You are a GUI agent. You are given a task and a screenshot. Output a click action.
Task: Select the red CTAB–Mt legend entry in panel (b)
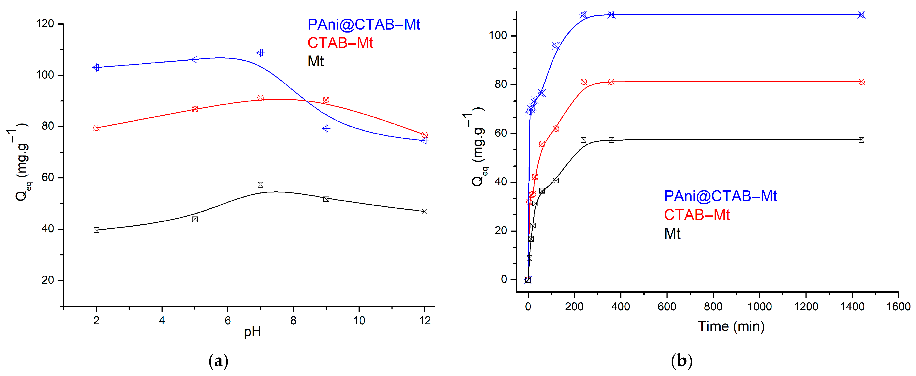(x=697, y=215)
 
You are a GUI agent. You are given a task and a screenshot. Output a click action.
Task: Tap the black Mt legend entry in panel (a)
(x=315, y=61)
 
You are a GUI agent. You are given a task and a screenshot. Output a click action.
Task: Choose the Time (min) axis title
(x=731, y=326)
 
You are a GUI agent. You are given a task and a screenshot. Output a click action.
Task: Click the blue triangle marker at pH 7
(x=260, y=53)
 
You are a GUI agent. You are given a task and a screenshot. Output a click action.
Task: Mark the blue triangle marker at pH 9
(x=326, y=128)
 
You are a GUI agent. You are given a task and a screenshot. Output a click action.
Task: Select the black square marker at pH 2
(x=96, y=230)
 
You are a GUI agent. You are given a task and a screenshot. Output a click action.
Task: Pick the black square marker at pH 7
(x=260, y=185)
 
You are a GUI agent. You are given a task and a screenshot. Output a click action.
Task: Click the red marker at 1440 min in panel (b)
(x=861, y=82)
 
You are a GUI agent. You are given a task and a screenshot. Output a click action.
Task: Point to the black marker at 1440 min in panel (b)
(x=861, y=140)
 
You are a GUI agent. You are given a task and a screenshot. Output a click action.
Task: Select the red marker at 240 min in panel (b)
(x=584, y=82)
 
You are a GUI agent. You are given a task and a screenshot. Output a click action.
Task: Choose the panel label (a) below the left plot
(x=218, y=361)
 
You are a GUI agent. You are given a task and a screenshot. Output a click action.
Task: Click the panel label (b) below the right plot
(x=681, y=361)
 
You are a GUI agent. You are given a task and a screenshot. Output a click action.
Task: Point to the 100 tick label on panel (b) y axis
(x=498, y=36)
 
